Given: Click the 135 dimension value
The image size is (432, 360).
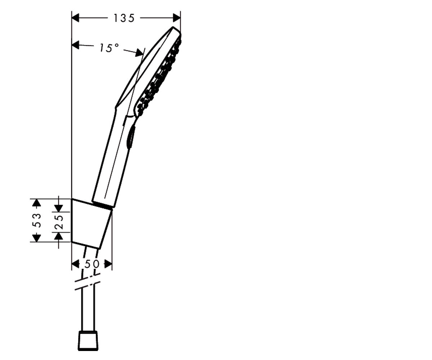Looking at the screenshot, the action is tap(124, 18).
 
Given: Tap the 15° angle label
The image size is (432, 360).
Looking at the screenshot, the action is tap(109, 48).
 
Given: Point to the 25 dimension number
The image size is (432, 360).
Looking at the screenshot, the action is tap(59, 222).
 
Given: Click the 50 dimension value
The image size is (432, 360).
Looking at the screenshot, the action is tap(92, 264).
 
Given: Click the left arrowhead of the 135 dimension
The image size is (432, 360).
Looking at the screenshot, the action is tap(75, 18).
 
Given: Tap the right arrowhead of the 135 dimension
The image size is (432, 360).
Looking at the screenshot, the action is tap(177, 18).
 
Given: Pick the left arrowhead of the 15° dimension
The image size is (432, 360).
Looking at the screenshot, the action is tap(75, 45).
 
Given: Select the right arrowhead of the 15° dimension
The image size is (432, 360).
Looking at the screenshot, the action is tap(139, 53).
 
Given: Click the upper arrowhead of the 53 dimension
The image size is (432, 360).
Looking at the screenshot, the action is tap(37, 203).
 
